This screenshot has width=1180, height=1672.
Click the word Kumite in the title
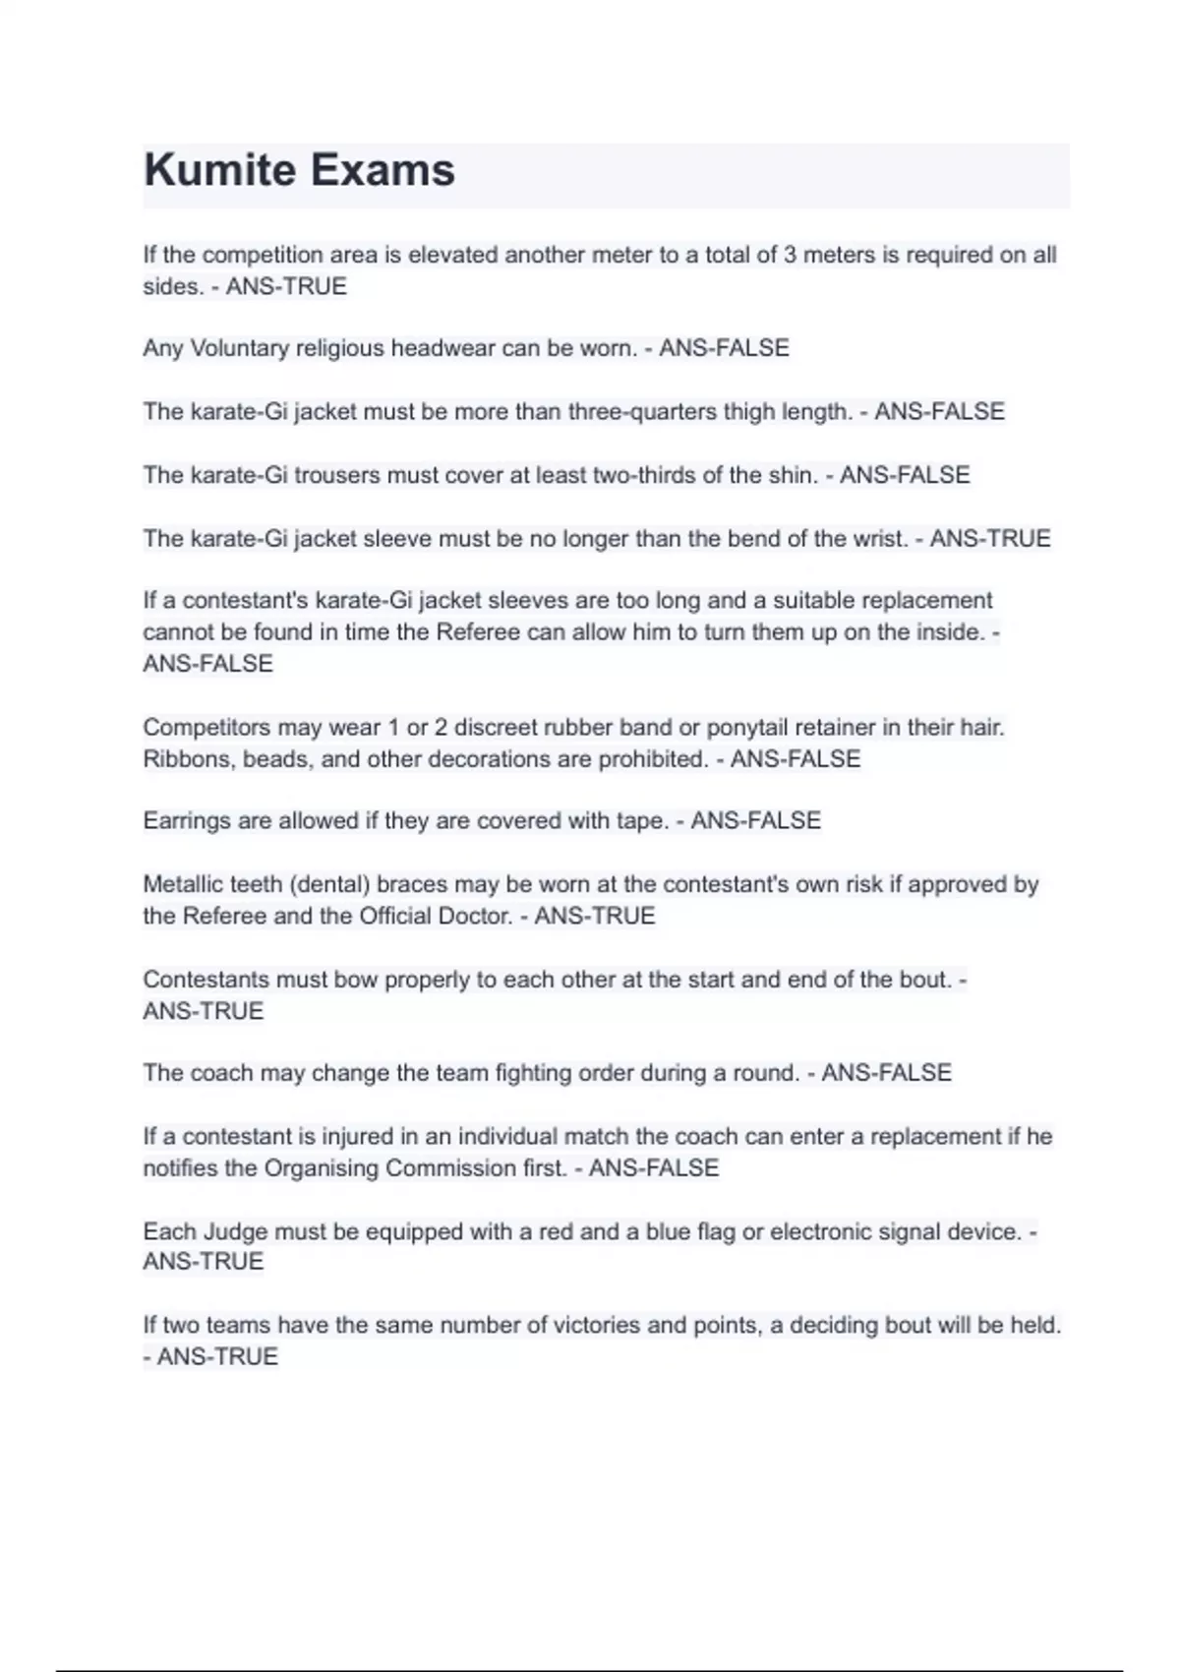pos(219,170)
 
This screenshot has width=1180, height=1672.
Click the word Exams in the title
pos(383,170)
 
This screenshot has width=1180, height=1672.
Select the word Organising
pos(322,1167)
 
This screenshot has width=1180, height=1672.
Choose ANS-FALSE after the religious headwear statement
pos(724,348)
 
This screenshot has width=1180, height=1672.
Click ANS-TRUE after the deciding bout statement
pos(217,1356)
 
